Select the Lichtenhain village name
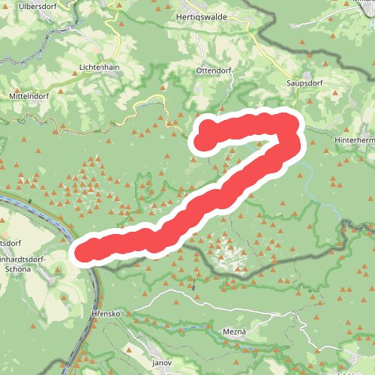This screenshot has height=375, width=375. coord(99,66)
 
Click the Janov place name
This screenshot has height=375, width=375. coord(161,362)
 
